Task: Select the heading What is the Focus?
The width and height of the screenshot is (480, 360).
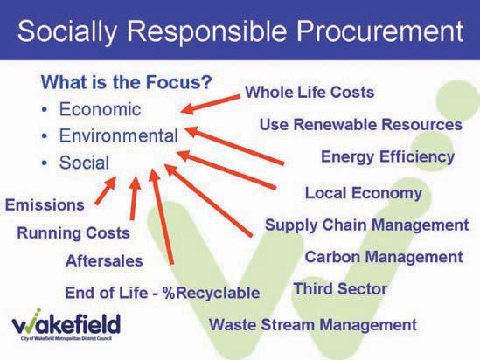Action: coord(127,82)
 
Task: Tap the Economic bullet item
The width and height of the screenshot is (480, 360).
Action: coord(100,109)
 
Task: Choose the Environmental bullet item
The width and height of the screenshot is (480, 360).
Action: coord(118,135)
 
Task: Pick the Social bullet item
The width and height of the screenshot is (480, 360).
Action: coord(84,163)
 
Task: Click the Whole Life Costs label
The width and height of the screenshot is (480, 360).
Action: coord(310,92)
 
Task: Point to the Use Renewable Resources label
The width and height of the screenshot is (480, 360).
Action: coord(360,124)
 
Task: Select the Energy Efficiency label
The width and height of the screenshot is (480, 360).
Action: coord(387,157)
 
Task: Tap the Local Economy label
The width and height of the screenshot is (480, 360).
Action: coord(364,193)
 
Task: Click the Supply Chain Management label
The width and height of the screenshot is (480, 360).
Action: coord(366,225)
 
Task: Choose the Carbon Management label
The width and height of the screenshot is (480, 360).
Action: coord(384,257)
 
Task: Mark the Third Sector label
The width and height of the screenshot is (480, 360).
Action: coord(340,289)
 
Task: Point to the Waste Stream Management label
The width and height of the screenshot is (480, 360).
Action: coord(312,324)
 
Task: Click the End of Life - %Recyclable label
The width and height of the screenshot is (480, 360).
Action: coord(163,293)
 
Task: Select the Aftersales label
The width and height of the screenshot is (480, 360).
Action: coord(104,261)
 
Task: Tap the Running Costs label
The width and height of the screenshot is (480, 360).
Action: coord(73,232)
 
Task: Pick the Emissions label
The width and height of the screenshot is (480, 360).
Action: coord(45,204)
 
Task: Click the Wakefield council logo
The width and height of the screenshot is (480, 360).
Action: coord(66,324)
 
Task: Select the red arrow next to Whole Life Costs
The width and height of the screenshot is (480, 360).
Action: coord(211,104)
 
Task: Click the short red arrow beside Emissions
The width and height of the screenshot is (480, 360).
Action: coord(106,190)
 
